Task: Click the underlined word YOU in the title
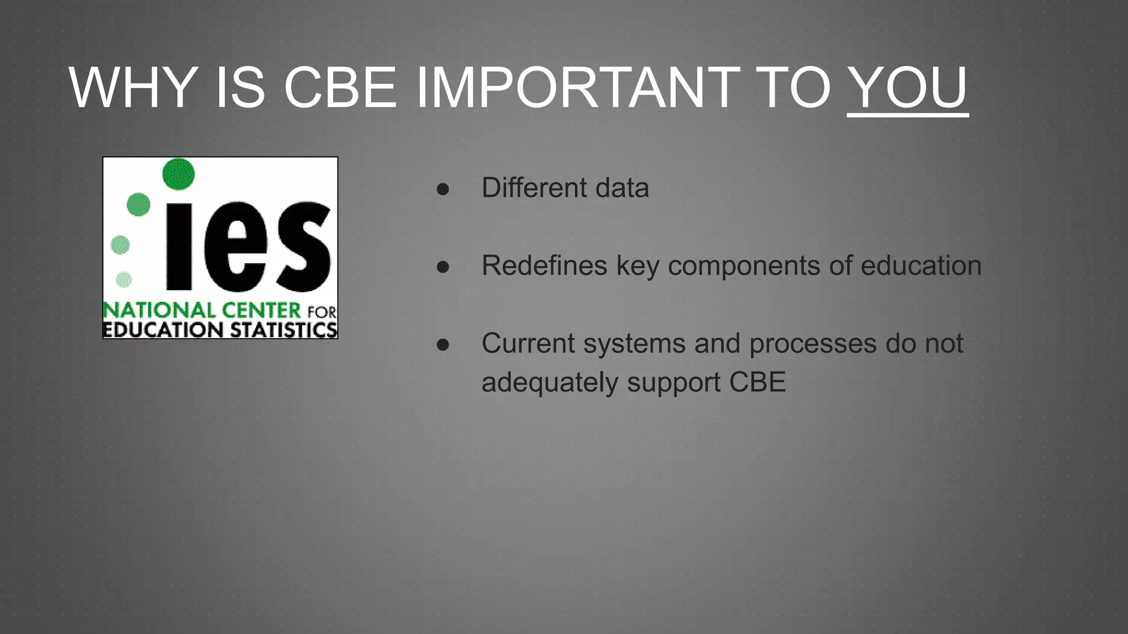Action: coord(907,88)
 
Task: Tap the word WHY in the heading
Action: coord(133,88)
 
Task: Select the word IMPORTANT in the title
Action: coord(578,88)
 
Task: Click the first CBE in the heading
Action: coord(340,88)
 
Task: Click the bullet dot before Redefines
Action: coord(443,267)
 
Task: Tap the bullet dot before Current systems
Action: coord(443,345)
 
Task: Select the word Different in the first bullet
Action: coord(534,188)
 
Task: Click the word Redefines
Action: coord(544,265)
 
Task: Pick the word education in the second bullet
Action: coord(921,265)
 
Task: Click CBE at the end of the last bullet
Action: coord(757,382)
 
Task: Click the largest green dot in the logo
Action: coord(178,174)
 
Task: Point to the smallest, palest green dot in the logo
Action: coord(124,280)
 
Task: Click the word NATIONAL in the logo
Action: coord(159,310)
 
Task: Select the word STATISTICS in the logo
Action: coord(283,330)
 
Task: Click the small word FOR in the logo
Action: coord(322,313)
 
